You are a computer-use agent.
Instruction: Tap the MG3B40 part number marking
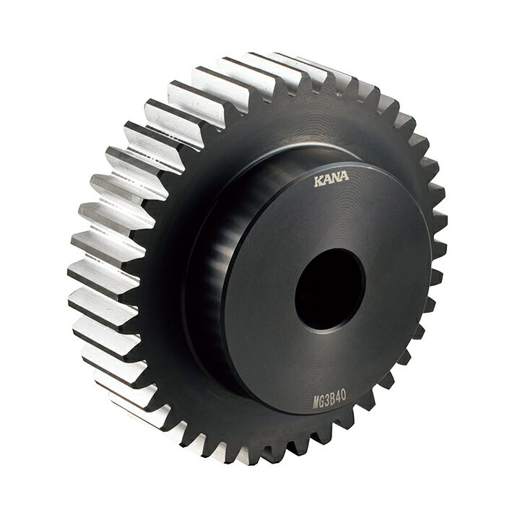(329, 396)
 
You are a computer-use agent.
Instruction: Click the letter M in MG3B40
(316, 399)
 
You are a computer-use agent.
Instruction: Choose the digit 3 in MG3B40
(328, 396)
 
